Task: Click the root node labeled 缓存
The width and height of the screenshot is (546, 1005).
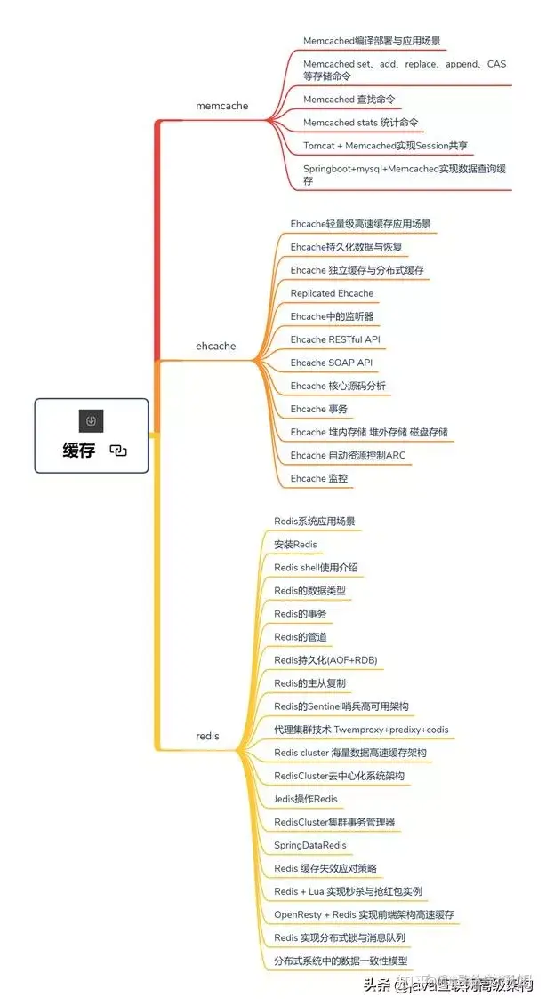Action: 79,450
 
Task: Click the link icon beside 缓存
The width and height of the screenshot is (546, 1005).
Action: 118,451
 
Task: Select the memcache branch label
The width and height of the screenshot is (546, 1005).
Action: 221,106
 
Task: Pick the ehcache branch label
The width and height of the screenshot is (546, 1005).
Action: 216,346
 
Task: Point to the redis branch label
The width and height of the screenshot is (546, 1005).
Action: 207,736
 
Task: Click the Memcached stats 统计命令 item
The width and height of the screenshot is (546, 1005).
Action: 360,123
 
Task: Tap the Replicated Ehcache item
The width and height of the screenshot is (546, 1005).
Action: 332,293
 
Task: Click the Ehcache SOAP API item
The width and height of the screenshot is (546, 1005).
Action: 331,363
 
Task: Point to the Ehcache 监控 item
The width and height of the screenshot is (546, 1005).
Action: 318,478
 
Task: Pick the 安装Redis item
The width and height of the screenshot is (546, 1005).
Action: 295,544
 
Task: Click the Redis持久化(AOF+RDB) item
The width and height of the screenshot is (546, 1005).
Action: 323,659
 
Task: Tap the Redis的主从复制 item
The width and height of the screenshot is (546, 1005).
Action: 309,682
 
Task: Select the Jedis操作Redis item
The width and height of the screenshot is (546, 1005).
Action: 305,799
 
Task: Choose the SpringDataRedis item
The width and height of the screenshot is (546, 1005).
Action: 309,845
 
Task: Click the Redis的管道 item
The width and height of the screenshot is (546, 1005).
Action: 300,636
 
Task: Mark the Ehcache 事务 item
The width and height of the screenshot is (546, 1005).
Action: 318,409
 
